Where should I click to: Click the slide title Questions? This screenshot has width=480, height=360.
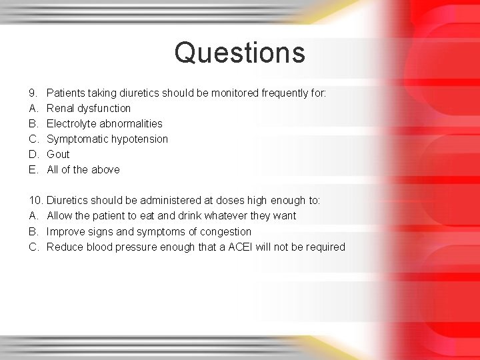tap(239, 53)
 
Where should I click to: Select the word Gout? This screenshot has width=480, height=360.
tap(58, 154)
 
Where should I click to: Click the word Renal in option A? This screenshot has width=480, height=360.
tap(61, 108)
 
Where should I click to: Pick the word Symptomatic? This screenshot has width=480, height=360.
tap(73, 139)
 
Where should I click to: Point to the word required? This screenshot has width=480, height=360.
tap(325, 247)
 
